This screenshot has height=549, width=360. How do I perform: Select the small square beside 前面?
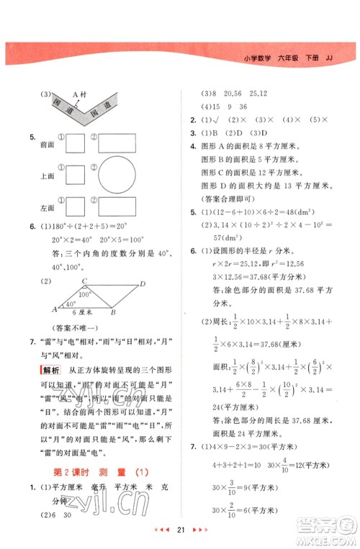click(76, 144)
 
